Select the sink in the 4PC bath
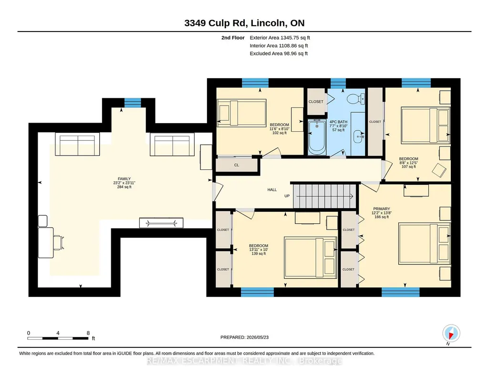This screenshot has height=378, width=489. pyautogui.click(x=358, y=136)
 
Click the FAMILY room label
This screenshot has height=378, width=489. pyautogui.click(x=124, y=178)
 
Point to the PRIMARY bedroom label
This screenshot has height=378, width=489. pyautogui.click(x=381, y=209)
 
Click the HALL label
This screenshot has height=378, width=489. pyautogui.click(x=272, y=189)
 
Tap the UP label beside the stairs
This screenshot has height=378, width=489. pyautogui.click(x=287, y=196)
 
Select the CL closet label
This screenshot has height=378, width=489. pyautogui.click(x=237, y=165)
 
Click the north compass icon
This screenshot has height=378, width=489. pyautogui.click(x=451, y=334)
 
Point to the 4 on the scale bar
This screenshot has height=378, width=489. pyautogui.click(x=58, y=333)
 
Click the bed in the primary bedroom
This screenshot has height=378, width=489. pyautogui.click(x=425, y=243)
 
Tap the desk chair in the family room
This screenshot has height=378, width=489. pyautogui.click(x=59, y=242)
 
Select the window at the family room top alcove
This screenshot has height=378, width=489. pyautogui.click(x=133, y=103)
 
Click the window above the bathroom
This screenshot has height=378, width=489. pyautogui.click(x=338, y=83)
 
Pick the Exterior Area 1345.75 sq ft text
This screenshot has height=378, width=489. pyautogui.click(x=280, y=38)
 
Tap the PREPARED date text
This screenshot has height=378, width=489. pyautogui.click(x=244, y=337)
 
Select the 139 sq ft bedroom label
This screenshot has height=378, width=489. pyautogui.click(x=259, y=253)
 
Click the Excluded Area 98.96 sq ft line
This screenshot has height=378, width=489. pyautogui.click(x=279, y=53)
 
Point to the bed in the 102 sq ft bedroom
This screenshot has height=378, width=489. pyautogui.click(x=241, y=113)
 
